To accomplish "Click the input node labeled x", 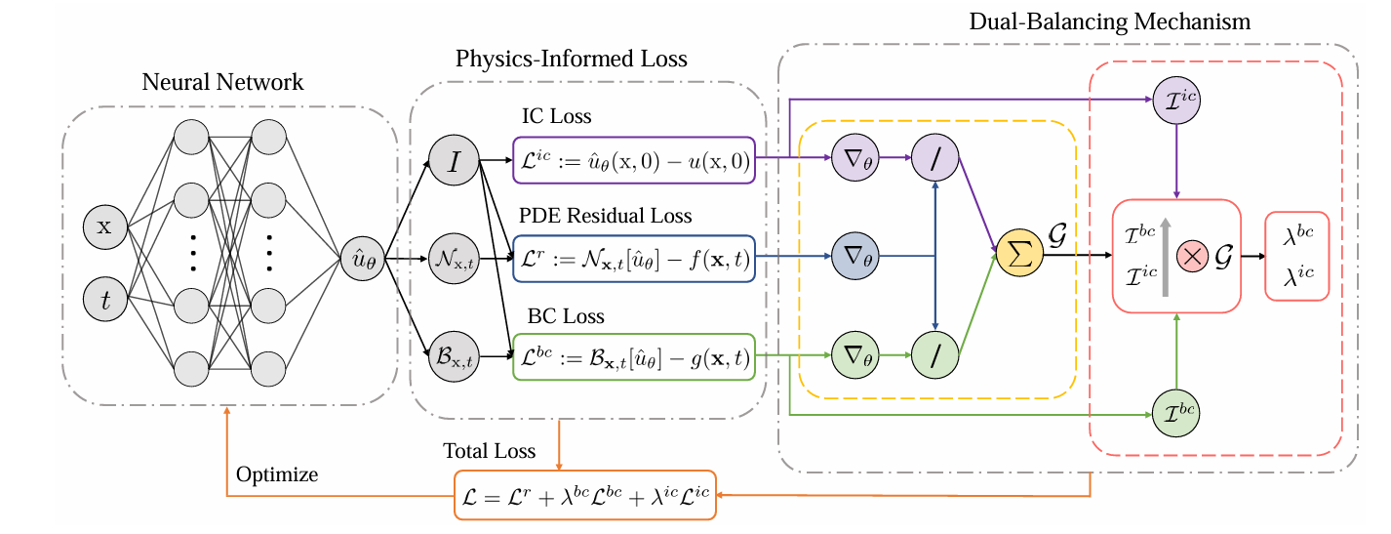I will point(105,227).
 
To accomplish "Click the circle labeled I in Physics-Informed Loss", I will point(454,162).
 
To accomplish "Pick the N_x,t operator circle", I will point(454,260).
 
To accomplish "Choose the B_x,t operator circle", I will point(454,357).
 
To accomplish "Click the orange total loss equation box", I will point(585,495).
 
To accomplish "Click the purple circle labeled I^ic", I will point(1176,101).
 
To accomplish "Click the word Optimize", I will point(277,475).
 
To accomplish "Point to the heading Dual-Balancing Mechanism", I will point(1109,21).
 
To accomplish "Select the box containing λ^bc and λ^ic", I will point(1296,257).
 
